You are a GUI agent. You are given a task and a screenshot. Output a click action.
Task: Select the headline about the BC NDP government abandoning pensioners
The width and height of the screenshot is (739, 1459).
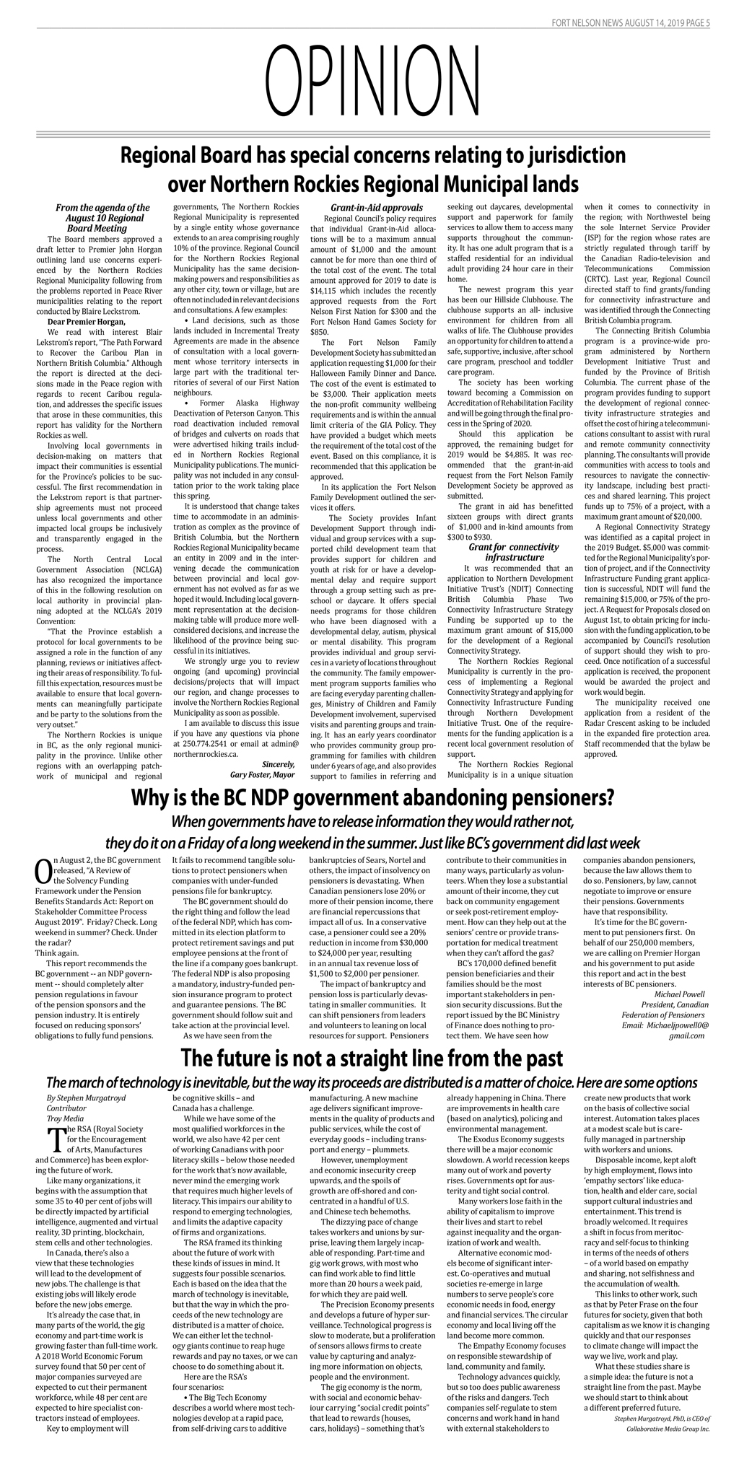[372, 798]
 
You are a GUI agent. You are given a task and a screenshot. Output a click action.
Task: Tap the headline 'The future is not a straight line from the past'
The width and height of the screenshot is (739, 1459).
[371, 1058]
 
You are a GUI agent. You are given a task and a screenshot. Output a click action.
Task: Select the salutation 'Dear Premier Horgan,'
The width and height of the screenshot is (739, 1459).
[86, 321]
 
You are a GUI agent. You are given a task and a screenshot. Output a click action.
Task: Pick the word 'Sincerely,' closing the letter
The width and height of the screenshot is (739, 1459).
[278, 764]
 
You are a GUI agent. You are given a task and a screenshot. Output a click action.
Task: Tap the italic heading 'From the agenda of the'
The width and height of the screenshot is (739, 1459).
[103, 208]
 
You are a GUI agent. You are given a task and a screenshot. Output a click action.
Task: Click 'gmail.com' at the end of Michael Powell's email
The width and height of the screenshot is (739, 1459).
[686, 1035]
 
